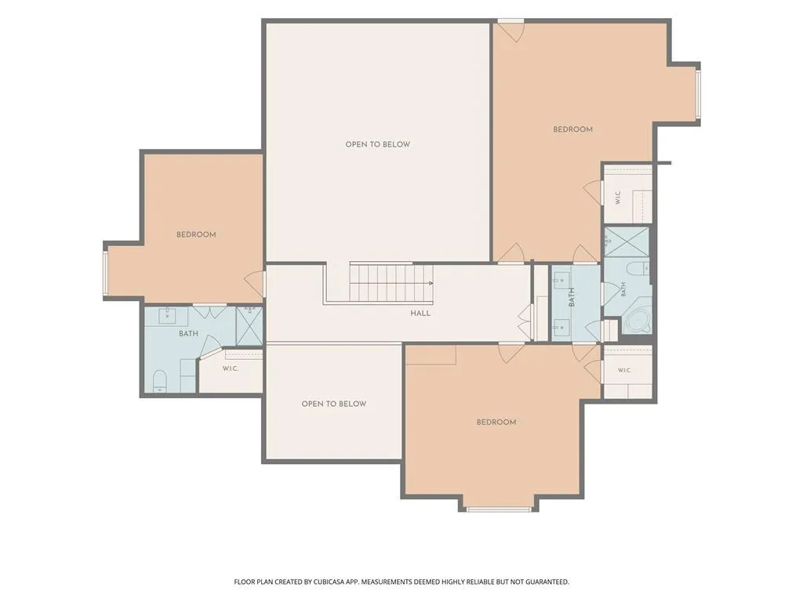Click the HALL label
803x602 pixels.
420,314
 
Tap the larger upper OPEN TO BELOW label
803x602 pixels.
377,144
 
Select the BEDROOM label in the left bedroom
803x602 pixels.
196,234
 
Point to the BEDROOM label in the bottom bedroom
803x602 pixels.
496,422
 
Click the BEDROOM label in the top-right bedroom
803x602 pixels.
572,129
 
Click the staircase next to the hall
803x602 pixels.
391,283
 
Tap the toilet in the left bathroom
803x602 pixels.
160,381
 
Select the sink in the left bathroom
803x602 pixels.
168,315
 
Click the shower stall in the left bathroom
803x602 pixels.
249,325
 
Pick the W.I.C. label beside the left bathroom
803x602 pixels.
231,368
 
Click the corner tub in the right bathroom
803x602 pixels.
638,321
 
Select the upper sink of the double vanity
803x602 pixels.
559,280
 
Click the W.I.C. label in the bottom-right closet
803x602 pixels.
624,370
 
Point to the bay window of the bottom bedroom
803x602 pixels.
498,509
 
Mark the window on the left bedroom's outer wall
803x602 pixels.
104,274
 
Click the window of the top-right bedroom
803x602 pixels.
697,95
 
